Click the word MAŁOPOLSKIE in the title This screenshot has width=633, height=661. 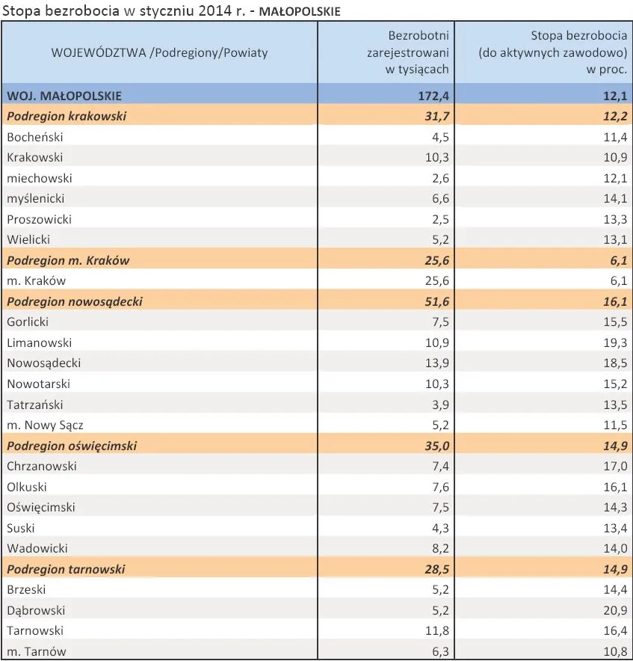[299, 11]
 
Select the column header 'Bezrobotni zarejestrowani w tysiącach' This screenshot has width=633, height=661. [407, 52]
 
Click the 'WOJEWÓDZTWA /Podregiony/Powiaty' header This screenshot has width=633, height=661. [159, 52]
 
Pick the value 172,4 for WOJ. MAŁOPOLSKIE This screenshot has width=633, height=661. [433, 96]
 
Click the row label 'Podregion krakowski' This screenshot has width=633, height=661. [67, 117]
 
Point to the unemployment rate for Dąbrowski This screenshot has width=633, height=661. [615, 610]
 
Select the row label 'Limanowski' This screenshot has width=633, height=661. [39, 342]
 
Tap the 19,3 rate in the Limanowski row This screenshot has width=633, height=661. [615, 342]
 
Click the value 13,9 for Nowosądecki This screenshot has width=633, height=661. [437, 363]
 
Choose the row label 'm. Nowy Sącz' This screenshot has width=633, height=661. [45, 425]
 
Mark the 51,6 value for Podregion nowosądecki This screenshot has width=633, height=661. [437, 301]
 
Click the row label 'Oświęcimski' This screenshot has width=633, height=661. [41, 507]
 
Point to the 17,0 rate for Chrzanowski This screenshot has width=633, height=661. [615, 466]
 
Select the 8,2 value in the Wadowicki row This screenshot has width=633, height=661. [440, 548]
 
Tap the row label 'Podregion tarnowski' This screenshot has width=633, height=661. [67, 569]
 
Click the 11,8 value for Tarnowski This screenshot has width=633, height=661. [437, 630]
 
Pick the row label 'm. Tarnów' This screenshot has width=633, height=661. [37, 651]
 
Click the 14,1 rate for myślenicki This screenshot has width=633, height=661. [615, 198]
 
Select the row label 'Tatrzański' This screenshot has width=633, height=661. [35, 405]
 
